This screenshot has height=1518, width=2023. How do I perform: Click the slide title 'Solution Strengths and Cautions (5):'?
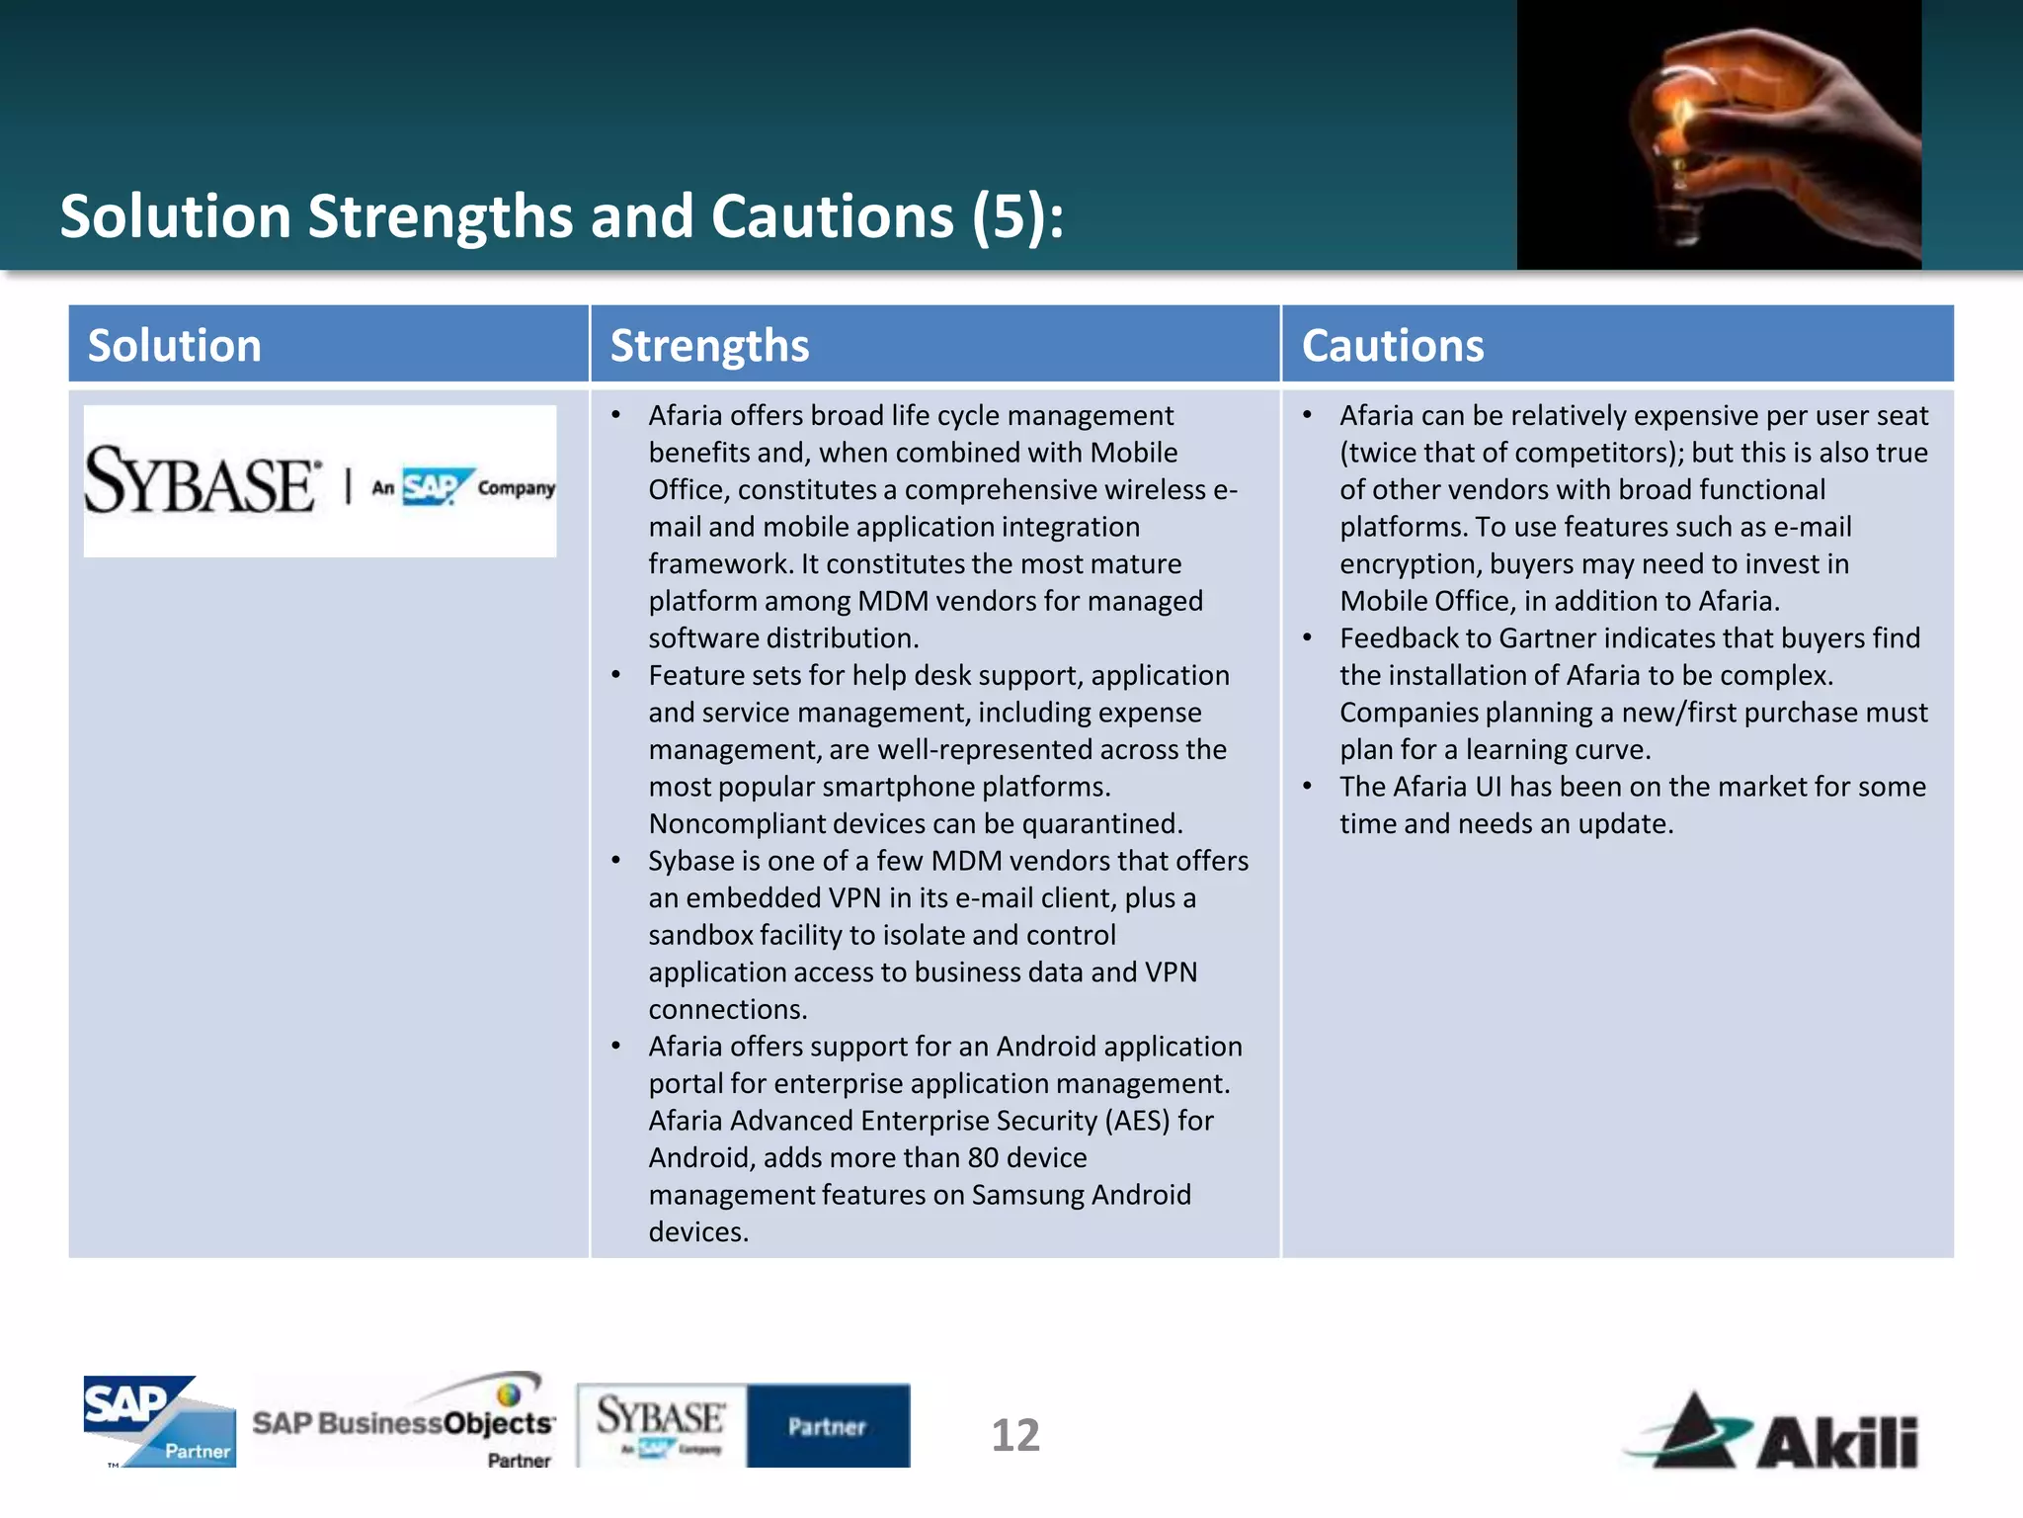pyautogui.click(x=562, y=216)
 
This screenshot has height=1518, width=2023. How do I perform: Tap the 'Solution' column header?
pyautogui.click(x=175, y=346)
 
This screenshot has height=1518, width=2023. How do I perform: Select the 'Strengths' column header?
pyautogui.click(x=709, y=346)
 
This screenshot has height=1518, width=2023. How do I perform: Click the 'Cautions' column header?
pyautogui.click(x=1392, y=346)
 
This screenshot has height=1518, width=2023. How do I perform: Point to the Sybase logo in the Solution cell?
pyautogui.click(x=319, y=482)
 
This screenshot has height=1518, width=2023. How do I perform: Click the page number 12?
pyautogui.click(x=1015, y=1435)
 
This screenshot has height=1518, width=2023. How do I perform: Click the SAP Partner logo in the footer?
pyautogui.click(x=159, y=1421)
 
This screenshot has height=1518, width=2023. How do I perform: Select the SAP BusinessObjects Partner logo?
pyautogui.click(x=404, y=1421)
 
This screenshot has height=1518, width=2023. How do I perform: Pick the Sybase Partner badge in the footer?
pyautogui.click(x=743, y=1425)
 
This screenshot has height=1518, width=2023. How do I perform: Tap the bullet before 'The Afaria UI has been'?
pyautogui.click(x=1307, y=787)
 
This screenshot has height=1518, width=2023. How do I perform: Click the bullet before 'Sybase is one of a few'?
pyautogui.click(x=616, y=861)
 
